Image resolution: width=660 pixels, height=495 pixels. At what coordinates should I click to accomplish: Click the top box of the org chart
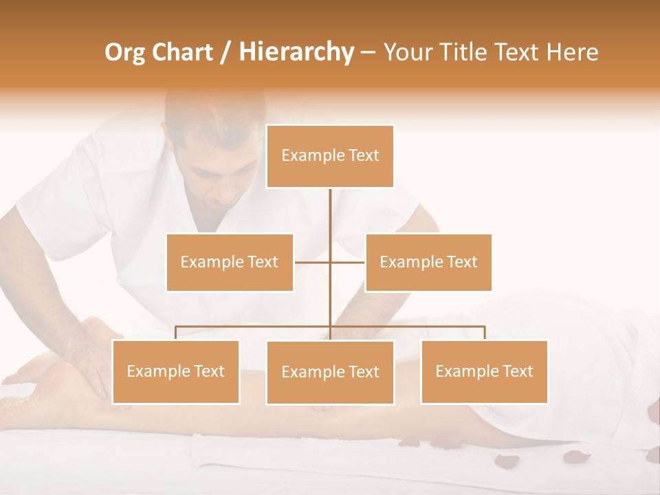tap(330, 156)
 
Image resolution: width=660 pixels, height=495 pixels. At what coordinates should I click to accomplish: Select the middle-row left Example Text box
tap(230, 262)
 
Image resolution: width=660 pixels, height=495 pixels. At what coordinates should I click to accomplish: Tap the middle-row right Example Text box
tap(428, 262)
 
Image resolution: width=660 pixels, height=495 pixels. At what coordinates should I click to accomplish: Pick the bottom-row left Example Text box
tap(175, 371)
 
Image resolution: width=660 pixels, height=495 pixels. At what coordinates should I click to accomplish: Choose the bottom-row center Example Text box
tap(330, 372)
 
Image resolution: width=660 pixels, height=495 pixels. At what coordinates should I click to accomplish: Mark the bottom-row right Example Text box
tap(484, 371)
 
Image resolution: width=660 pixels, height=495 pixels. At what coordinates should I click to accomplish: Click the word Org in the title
tap(124, 52)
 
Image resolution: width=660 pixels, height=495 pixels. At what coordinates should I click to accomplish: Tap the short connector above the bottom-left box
tap(175, 333)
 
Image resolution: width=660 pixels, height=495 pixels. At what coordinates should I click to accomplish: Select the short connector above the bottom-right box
tap(485, 333)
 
